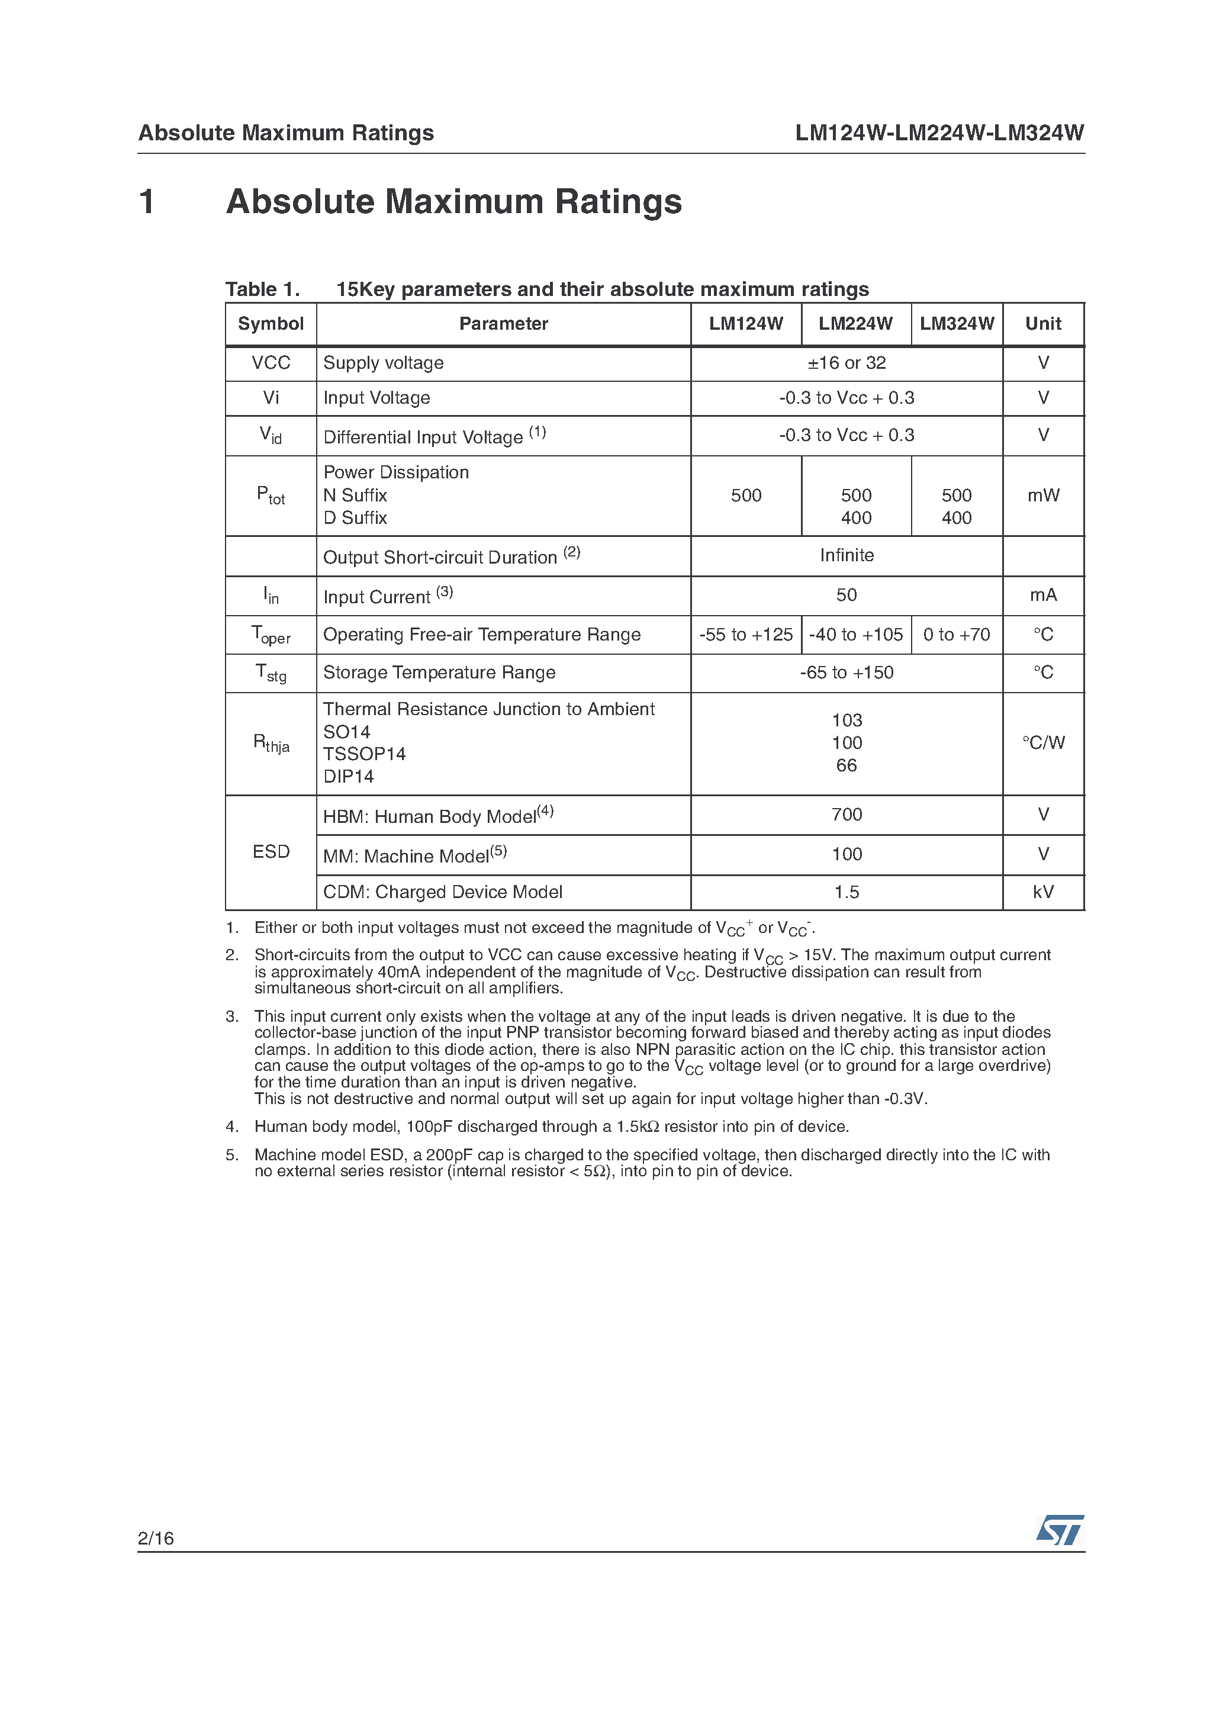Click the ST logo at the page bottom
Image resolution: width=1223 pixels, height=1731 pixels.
[x=1060, y=1530]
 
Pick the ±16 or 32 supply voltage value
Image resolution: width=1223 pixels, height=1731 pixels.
[x=846, y=363]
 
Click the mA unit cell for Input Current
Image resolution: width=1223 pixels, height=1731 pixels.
[x=1043, y=595]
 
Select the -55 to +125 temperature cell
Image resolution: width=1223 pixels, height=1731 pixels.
[x=746, y=634]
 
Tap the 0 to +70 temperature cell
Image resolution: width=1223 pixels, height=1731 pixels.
[x=956, y=634]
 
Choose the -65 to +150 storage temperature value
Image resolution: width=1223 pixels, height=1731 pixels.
[x=846, y=672]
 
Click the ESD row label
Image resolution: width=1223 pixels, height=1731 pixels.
[x=271, y=851]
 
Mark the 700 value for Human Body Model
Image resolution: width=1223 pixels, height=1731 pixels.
[x=846, y=814]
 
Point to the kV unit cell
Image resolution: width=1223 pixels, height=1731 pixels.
[x=1043, y=892]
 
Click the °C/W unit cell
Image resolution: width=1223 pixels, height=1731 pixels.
[x=1043, y=742]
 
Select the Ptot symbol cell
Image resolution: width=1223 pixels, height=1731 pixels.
[x=271, y=496]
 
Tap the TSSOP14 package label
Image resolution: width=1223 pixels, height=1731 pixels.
[x=364, y=754]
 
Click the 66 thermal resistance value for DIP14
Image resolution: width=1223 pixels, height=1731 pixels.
[x=846, y=765]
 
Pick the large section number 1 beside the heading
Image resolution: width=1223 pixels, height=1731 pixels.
[x=147, y=201]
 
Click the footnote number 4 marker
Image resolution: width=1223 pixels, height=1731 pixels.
[x=231, y=1127]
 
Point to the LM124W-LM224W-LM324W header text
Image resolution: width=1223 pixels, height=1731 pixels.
[x=939, y=133]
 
